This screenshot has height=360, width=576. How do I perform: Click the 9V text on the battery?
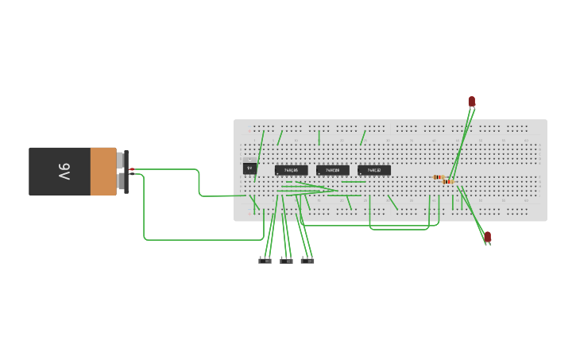click(63, 171)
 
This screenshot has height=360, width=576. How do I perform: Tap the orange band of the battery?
click(103, 171)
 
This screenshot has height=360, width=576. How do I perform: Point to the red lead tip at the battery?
click(132, 169)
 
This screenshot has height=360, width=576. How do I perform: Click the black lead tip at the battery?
click(131, 174)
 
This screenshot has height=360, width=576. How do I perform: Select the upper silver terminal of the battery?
click(120, 160)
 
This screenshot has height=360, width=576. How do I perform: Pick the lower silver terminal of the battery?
click(120, 182)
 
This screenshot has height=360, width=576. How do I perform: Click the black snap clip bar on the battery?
click(126, 171)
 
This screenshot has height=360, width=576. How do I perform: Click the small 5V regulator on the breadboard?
click(249, 168)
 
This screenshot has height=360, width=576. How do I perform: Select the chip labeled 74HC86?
click(291, 170)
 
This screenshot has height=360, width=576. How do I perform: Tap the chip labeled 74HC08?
click(333, 170)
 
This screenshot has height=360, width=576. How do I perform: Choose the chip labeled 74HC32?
click(374, 170)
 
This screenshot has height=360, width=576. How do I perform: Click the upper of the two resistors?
click(439, 177)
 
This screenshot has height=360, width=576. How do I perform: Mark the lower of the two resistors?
click(448, 182)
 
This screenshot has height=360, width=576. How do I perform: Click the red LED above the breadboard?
click(471, 101)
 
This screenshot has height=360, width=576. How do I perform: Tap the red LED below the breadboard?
click(488, 236)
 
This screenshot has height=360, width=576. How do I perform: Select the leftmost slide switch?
click(265, 261)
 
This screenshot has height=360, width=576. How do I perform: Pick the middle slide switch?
click(286, 261)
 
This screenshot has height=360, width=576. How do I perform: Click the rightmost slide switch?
click(307, 261)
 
